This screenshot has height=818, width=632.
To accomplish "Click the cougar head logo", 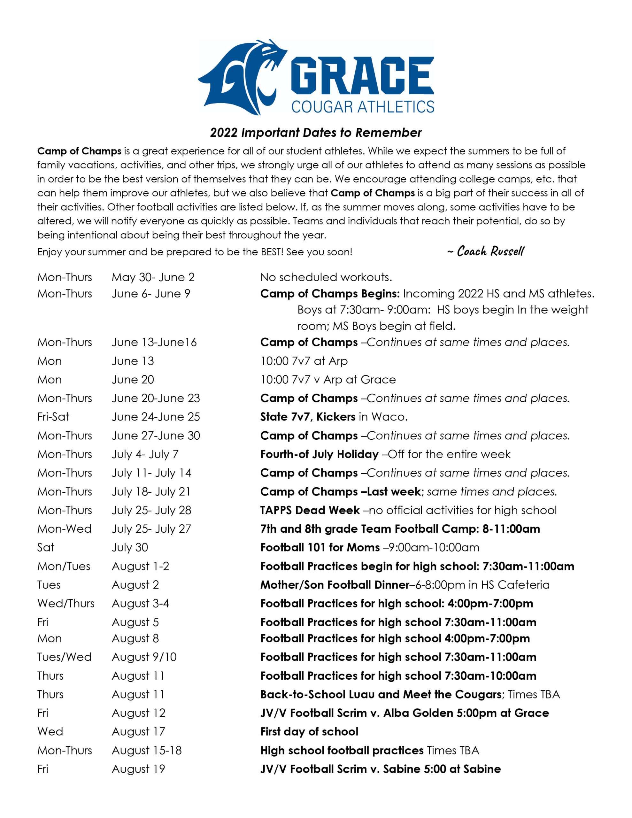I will (242, 77).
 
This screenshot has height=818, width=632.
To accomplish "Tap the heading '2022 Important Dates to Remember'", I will (315, 133).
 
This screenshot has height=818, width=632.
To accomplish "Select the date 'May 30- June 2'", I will (153, 277).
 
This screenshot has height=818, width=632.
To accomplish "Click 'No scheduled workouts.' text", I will (326, 277).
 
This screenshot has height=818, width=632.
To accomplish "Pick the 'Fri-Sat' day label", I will (53, 417).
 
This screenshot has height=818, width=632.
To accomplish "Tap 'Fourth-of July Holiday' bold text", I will (319, 454).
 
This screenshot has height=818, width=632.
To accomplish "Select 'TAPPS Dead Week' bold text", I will (310, 510).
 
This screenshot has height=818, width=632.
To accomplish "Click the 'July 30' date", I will (130, 548).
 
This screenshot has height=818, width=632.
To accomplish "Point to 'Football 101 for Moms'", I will (320, 548).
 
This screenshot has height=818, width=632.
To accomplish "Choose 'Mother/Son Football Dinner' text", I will (335, 585).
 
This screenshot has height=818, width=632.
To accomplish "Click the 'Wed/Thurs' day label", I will (66, 603).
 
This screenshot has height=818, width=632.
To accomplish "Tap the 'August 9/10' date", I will (144, 657).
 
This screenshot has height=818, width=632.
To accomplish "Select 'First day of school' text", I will (309, 731).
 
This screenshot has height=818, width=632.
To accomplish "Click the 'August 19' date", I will (139, 769).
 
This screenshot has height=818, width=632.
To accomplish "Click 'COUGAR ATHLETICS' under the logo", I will (363, 107).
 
